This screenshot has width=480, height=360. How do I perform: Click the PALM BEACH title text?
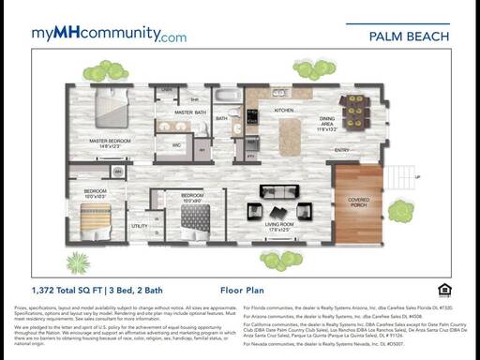click(x=409, y=37)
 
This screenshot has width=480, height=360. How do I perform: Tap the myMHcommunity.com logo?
click(x=109, y=35)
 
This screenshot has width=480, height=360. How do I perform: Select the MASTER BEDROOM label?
click(x=111, y=141)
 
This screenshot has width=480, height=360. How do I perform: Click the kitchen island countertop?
click(x=291, y=134)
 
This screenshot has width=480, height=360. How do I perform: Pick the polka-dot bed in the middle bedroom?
click(x=195, y=217)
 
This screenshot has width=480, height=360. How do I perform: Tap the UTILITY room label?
click(x=139, y=226)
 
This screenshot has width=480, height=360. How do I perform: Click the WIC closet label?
click(x=175, y=145)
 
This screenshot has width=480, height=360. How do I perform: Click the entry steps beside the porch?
click(x=398, y=175)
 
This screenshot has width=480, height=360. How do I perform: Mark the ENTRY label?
click(x=342, y=150)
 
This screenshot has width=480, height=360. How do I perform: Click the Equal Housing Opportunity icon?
click(x=444, y=290)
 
